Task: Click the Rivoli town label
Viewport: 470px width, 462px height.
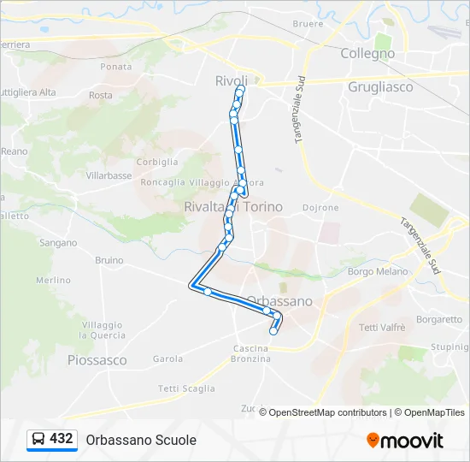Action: point(231,80)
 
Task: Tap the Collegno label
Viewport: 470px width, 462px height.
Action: point(367,53)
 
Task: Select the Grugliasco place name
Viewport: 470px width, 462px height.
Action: point(380,86)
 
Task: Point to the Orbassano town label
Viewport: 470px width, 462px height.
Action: point(279,301)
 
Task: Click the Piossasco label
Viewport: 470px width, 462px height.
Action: point(97,360)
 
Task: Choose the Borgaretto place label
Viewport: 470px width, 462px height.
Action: point(440,320)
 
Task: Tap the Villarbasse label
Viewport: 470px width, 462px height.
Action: point(109,175)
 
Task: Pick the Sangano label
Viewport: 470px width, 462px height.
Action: point(58,243)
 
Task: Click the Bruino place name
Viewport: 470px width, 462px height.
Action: point(109,260)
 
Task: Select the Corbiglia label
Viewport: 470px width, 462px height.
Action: point(157,162)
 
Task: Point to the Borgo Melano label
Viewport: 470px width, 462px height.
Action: point(378,271)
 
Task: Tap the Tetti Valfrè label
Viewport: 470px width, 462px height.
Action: point(382,328)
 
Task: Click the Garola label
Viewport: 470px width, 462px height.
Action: point(167,359)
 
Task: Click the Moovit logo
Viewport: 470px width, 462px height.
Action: point(405,440)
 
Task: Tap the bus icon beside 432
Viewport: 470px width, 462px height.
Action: point(38,440)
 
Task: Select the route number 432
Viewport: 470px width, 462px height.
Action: point(62,439)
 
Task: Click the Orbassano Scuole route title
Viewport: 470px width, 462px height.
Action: point(141,440)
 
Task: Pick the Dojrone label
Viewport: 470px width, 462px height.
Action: point(320,207)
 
